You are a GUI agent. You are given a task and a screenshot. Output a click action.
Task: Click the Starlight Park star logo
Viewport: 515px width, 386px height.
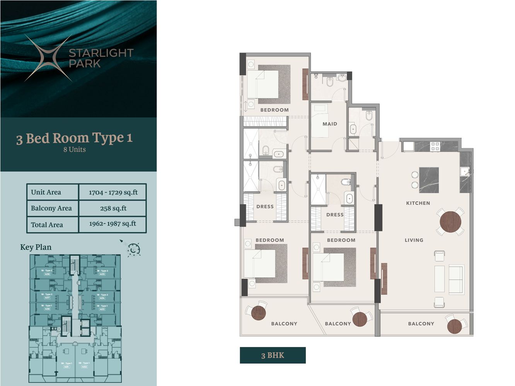click(x=48, y=58)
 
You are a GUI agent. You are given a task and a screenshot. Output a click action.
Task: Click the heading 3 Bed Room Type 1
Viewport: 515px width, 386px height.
click(x=74, y=138)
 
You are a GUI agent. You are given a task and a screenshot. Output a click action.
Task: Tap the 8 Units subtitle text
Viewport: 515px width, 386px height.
click(x=75, y=149)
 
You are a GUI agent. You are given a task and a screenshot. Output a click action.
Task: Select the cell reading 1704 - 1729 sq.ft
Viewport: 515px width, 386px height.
click(x=113, y=192)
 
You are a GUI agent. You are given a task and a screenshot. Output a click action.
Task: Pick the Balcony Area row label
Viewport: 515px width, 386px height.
click(x=51, y=208)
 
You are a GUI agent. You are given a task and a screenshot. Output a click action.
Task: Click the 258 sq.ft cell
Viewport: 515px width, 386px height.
click(x=113, y=208)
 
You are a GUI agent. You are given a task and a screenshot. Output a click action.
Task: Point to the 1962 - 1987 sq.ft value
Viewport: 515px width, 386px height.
click(x=113, y=223)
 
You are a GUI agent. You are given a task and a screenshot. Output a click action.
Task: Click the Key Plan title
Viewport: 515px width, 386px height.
click(x=36, y=247)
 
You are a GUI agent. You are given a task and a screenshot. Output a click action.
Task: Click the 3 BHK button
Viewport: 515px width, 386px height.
click(x=273, y=355)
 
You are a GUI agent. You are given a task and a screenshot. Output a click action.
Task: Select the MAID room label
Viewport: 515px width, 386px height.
click(x=330, y=124)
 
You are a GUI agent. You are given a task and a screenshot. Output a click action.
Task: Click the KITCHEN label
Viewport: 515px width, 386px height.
click(x=418, y=203)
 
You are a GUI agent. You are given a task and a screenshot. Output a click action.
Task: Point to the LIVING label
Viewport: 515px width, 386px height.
click(x=414, y=240)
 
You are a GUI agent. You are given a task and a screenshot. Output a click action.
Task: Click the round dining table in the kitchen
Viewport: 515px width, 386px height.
click(x=450, y=222)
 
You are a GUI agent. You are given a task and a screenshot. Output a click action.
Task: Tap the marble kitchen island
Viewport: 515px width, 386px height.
click(x=429, y=180)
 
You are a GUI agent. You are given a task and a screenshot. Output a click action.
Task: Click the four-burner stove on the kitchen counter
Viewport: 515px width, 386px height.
click(x=435, y=146)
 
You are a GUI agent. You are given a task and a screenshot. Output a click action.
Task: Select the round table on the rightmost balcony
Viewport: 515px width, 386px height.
click(x=455, y=327)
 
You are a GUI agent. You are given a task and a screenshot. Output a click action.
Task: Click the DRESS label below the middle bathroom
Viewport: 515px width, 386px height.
click(x=335, y=215)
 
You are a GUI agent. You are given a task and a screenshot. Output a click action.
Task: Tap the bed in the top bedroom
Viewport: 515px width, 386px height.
click(x=263, y=84)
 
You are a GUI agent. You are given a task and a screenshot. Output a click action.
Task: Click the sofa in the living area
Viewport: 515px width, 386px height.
click(x=456, y=279)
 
